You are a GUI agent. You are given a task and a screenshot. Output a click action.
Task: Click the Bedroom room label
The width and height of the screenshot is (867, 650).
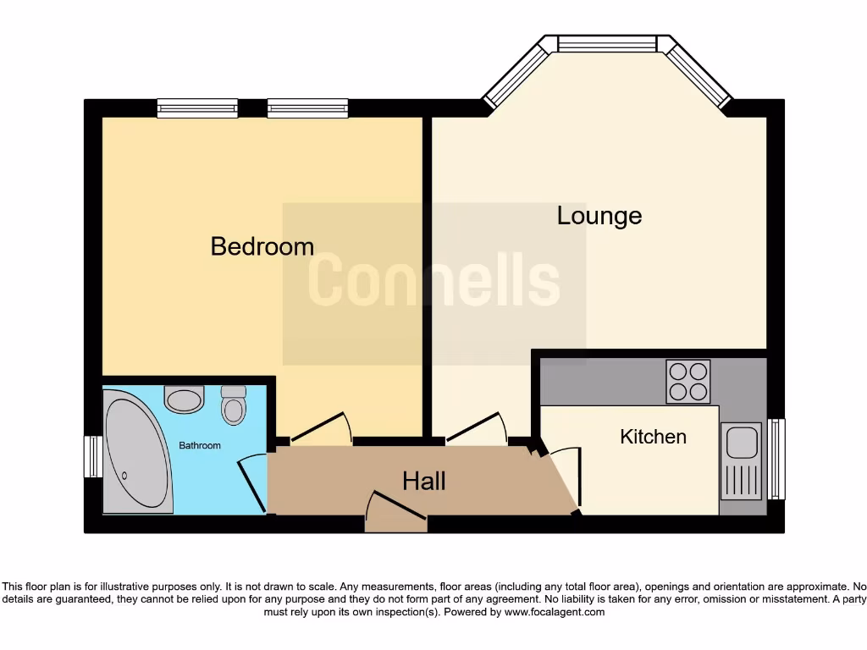[262, 246]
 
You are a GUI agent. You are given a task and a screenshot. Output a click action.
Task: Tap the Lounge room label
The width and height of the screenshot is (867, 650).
[599, 216]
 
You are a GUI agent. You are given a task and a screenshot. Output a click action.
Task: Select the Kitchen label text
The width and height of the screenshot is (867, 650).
[653, 437]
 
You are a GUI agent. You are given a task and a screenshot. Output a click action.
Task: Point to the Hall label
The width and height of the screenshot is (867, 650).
[423, 482]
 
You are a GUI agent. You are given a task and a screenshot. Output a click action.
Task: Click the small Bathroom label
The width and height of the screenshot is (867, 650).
[199, 446]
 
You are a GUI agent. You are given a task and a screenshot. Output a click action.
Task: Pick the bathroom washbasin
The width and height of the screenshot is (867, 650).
[184, 399]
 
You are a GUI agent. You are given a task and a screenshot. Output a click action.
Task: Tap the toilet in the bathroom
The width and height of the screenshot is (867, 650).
[233, 405]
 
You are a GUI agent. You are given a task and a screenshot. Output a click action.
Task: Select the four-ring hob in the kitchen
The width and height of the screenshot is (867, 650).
[688, 381]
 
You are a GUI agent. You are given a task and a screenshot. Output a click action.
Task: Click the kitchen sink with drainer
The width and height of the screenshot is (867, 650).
[740, 462]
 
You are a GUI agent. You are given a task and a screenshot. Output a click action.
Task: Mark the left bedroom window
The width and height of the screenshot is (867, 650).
[197, 107]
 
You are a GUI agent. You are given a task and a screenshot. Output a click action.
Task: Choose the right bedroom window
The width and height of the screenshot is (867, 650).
[307, 107]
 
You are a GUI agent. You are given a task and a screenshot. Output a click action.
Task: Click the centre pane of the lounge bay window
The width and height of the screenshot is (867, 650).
[607, 43]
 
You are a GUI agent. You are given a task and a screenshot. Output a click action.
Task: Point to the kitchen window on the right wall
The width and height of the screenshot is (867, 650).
[776, 459]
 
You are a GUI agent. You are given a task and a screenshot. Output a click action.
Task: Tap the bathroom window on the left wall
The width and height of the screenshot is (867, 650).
[92, 457]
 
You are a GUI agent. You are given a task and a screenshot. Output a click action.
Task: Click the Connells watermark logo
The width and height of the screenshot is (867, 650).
[433, 282]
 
